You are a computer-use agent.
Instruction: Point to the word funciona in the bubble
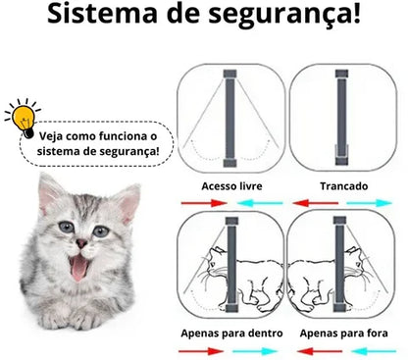pos(131,134)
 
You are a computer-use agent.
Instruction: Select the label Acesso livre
pos(230,185)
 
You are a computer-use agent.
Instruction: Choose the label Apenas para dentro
pos(230,334)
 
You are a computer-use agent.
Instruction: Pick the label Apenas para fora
pos(342,334)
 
